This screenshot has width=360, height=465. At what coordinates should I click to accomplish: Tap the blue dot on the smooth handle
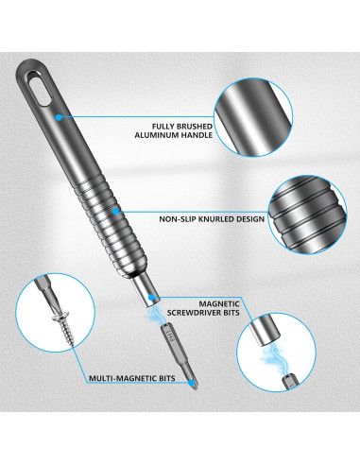[59, 117]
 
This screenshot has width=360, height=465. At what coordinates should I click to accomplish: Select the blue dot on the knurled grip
[116, 212]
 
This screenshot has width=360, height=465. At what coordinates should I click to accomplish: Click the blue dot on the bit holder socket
[151, 297]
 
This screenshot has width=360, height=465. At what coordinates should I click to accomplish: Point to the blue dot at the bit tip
[191, 383]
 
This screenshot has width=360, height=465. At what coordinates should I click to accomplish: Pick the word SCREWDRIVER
[197, 313]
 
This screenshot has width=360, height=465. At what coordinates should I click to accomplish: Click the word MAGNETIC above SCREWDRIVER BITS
[219, 304]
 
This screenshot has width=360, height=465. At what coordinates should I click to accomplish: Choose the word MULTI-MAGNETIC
[123, 378]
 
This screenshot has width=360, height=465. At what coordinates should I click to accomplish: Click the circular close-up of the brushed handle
[253, 117]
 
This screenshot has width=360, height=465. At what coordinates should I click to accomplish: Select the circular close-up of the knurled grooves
[308, 215]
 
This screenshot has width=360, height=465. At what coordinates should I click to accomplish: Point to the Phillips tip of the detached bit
[194, 384]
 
